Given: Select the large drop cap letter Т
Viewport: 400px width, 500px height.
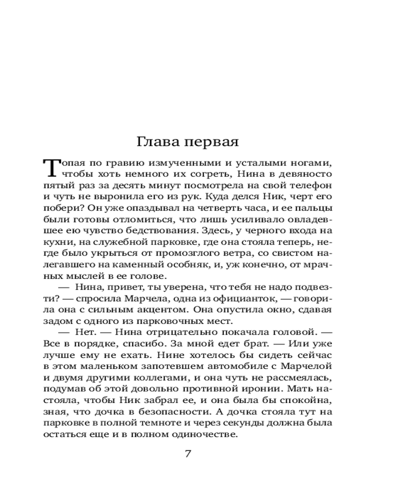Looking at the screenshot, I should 51,167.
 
